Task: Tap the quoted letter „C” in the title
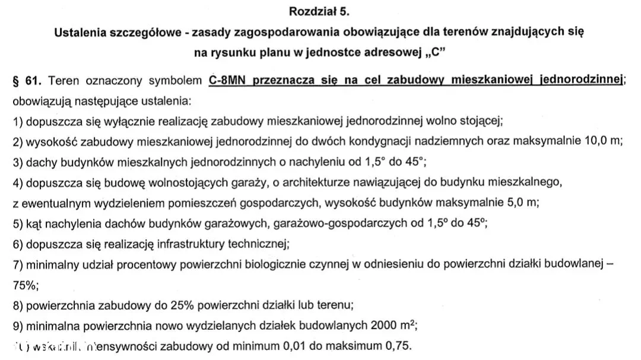[x=436, y=52]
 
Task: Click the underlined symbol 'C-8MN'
[x=228, y=80]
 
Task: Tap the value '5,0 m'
[x=521, y=202]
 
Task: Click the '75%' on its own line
[x=24, y=285]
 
